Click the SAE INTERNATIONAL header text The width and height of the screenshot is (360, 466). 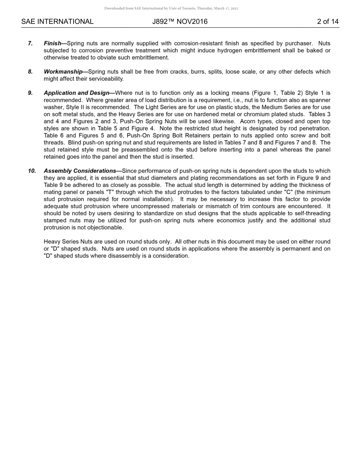point(57,22)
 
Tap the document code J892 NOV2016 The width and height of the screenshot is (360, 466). point(180,22)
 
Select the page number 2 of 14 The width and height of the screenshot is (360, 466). point(328,22)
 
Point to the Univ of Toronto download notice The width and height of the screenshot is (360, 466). point(171,8)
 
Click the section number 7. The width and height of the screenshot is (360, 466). point(30,44)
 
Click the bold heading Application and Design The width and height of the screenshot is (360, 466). point(76,93)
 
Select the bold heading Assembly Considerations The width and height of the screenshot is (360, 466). point(80,171)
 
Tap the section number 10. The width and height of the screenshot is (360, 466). point(32,171)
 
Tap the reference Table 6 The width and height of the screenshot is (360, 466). point(53,136)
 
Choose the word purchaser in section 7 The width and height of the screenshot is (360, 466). point(299,44)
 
